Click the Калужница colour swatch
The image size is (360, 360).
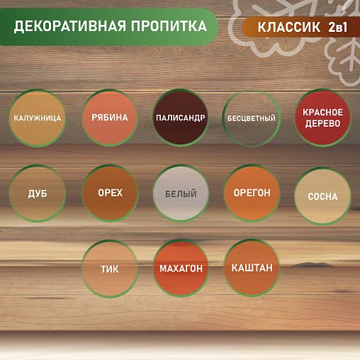pos(38,118)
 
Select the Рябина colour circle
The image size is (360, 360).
pos(109,118)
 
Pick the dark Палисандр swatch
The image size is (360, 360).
pos(180,118)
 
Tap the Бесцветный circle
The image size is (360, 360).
pos(250,118)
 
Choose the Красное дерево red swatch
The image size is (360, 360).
pos(322,118)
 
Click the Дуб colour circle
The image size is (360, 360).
pos(38,193)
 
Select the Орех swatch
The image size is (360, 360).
pos(109,193)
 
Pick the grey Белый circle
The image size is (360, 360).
pos(180,193)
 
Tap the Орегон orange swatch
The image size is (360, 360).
pos(251,193)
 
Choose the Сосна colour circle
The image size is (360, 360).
pos(322,196)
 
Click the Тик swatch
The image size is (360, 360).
pos(109,269)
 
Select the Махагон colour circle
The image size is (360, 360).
pos(180,269)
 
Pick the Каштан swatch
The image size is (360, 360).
pos(251,269)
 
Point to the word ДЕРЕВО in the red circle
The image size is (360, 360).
pos(322,124)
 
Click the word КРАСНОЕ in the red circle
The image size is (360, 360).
pos(322,112)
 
